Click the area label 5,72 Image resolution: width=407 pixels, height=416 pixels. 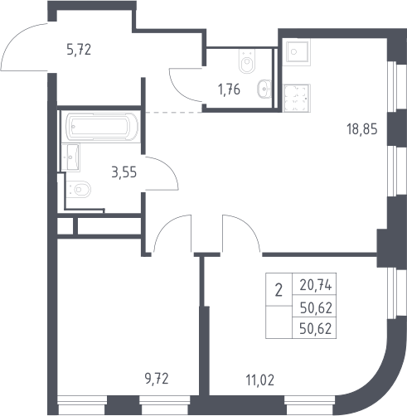pos(79,50)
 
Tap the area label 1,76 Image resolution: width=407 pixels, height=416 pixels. pos(229,89)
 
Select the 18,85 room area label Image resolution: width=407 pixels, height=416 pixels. pos(362,129)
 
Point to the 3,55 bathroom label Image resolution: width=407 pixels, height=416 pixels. pos(124,172)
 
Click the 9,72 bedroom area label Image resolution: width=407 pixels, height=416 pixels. pos(157,379)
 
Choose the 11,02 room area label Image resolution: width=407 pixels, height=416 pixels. pos(260,380)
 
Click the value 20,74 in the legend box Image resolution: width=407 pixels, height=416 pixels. pos(316,285)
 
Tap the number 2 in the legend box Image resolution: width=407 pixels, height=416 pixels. pos(279,291)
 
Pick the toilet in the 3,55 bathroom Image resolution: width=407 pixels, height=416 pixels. pos(79,189)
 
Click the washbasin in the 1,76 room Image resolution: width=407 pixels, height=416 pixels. pos(264,89)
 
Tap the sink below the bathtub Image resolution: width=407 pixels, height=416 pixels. pos(70,157)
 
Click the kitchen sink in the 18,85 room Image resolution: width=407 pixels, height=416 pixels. pos(297,51)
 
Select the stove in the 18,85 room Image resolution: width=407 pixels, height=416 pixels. pos(297,98)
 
